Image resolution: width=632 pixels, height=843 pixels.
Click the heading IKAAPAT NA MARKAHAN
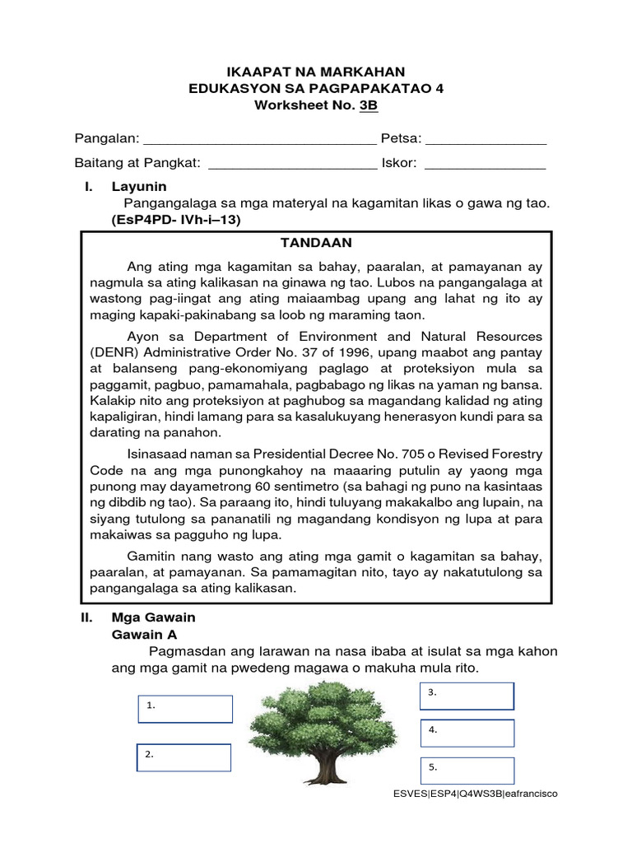click(316, 72)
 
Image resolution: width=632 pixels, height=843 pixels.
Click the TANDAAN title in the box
click(316, 243)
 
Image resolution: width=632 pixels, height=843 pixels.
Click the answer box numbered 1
click(185, 709)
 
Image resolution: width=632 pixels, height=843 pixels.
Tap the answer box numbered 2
click(184, 757)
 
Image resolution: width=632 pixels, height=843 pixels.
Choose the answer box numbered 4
click(467, 733)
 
